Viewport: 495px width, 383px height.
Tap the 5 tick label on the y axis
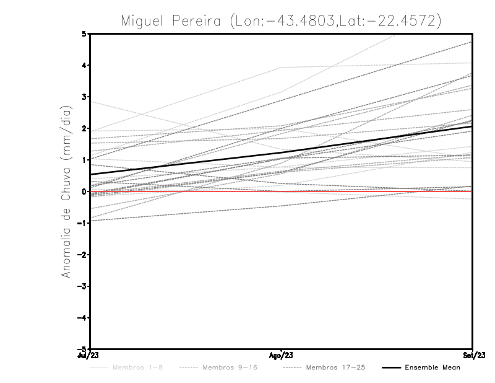pyautogui.click(x=84, y=33)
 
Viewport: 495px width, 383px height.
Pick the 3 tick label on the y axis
pyautogui.click(x=84, y=97)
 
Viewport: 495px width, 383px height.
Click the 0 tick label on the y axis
pyautogui.click(x=84, y=191)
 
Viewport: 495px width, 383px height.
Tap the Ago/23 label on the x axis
pyautogui.click(x=282, y=356)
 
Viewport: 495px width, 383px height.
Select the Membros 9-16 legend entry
pyautogui.click(x=228, y=368)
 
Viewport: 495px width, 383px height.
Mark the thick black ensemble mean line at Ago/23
pyautogui.click(x=282, y=152)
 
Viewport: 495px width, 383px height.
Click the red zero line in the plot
pyautogui.click(x=371, y=191)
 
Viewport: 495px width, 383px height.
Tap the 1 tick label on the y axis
pyautogui.click(x=84, y=160)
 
